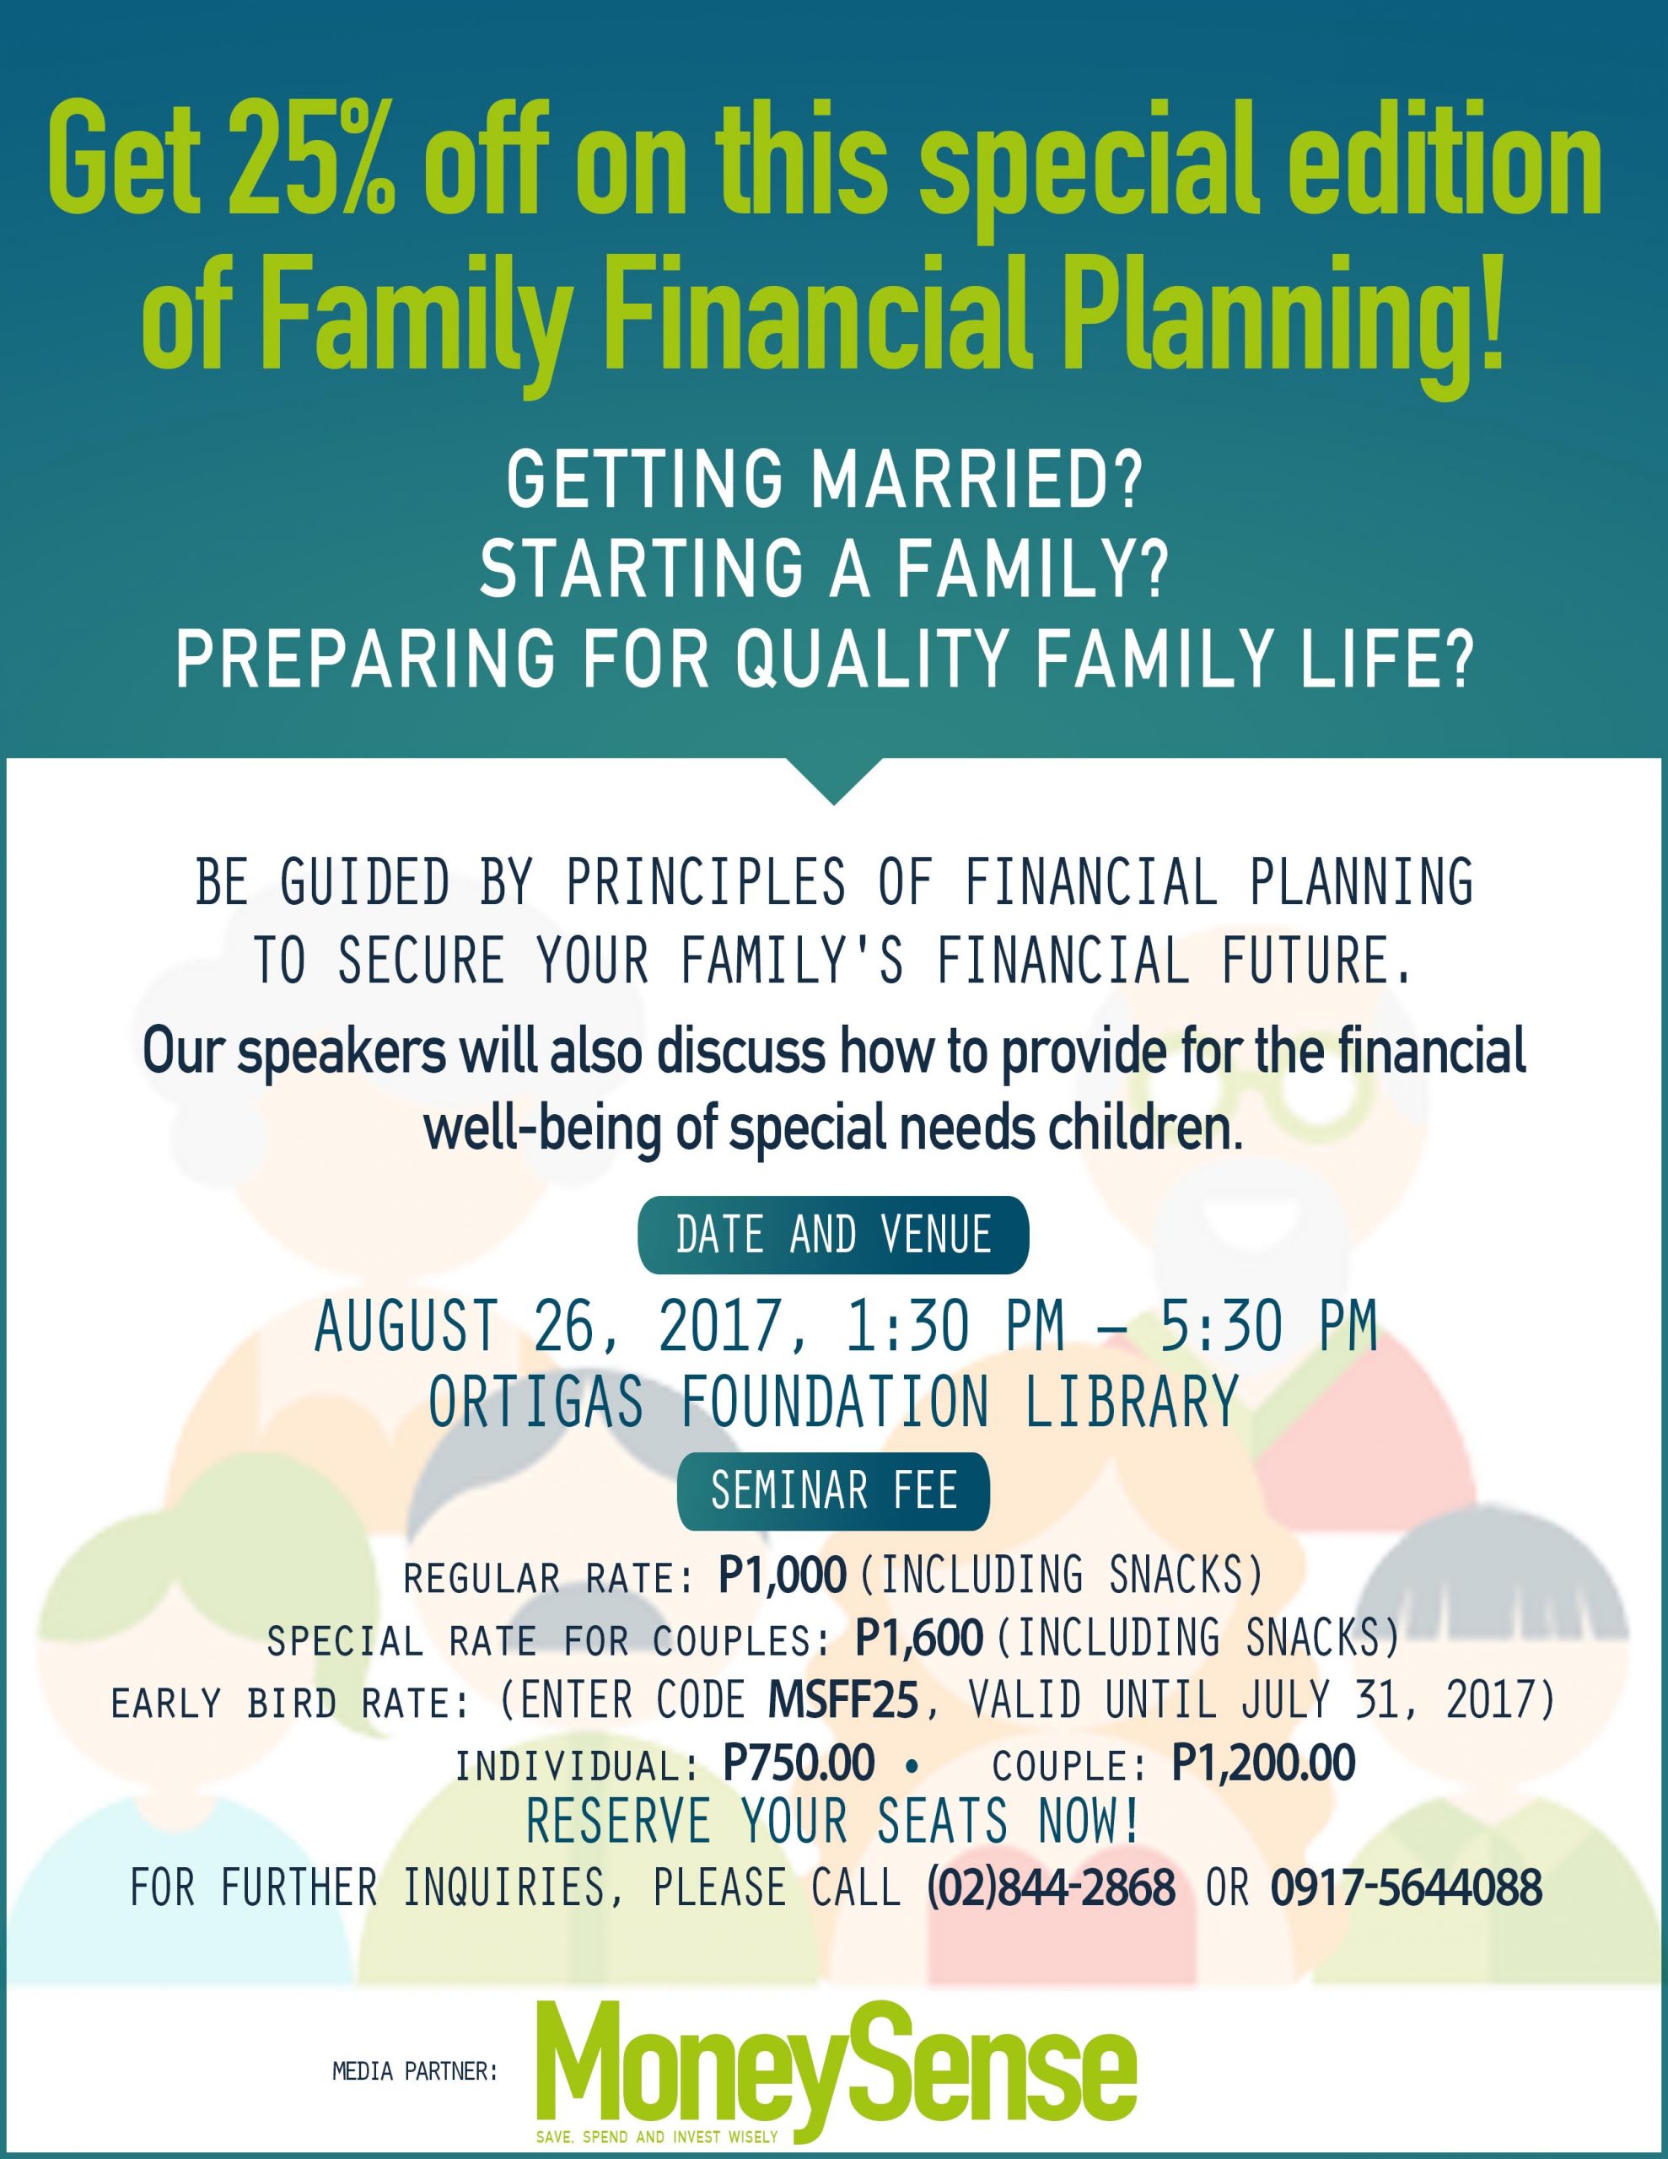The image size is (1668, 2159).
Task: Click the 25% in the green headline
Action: click(x=311, y=161)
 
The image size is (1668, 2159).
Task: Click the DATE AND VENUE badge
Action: click(x=833, y=1235)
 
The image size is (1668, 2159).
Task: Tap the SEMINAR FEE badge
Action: click(x=833, y=1491)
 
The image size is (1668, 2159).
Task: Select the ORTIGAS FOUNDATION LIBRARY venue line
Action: click(x=833, y=1402)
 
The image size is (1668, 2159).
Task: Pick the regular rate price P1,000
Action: click(x=782, y=1575)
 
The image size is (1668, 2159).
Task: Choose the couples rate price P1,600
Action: click(x=918, y=1638)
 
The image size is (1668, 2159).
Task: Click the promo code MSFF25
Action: click(x=843, y=1700)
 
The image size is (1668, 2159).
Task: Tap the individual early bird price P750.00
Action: click(x=799, y=1763)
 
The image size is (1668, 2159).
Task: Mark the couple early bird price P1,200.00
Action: click(x=1263, y=1763)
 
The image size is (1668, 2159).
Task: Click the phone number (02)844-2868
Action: click(x=1051, y=1887)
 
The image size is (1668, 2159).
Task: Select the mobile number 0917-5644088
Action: click(x=1406, y=1887)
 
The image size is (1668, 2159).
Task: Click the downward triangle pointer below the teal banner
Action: click(x=833, y=777)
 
